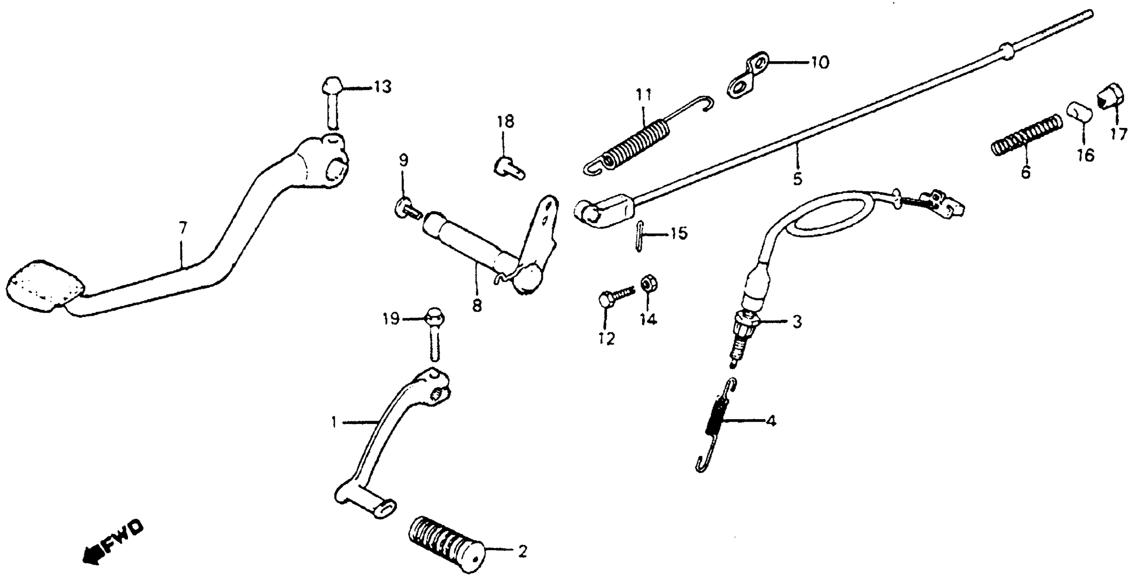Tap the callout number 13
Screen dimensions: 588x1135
[383, 87]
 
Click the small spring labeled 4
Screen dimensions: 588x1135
[715, 425]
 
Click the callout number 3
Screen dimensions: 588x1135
[797, 322]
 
